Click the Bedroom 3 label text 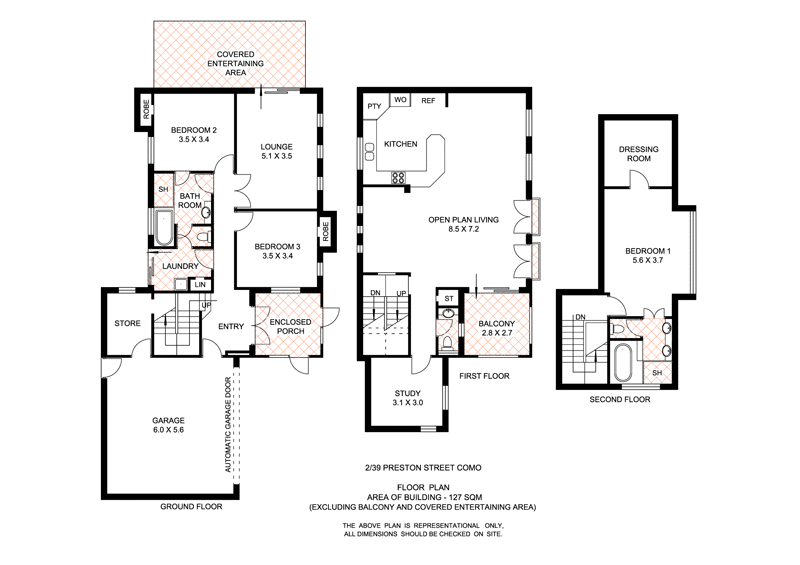click(277, 251)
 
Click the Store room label click(127, 323)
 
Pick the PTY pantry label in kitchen click(374, 106)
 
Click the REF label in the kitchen click(427, 101)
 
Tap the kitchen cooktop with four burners click(397, 178)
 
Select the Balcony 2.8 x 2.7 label click(496, 329)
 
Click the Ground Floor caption click(191, 507)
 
